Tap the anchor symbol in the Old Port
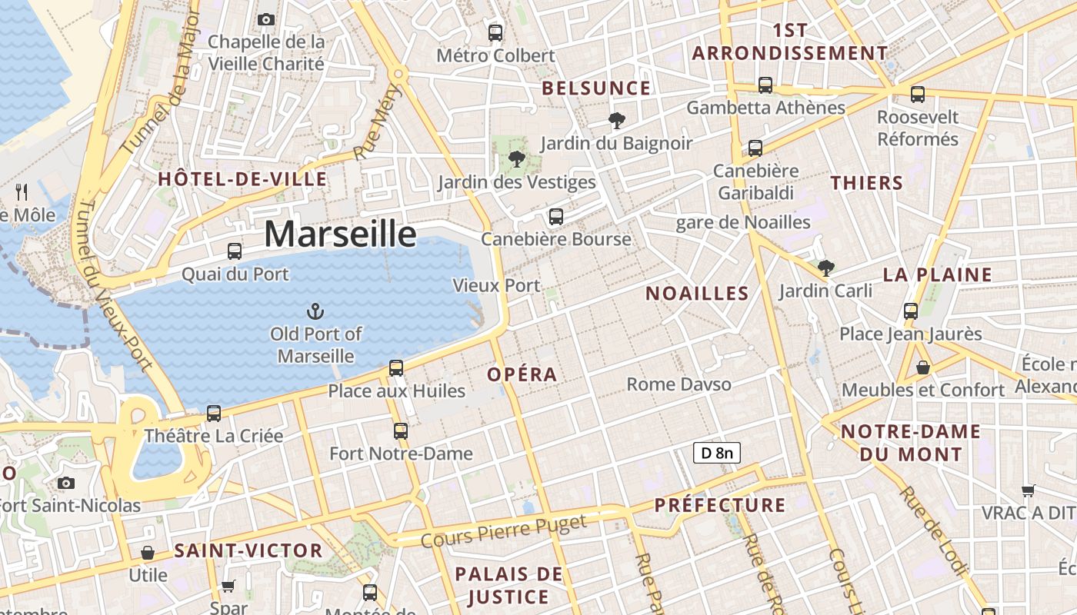[x=315, y=311]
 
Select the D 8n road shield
[x=716, y=453]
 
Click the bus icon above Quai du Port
[x=235, y=251]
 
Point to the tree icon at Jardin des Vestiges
[x=516, y=159]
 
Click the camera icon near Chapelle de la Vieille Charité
[x=266, y=19]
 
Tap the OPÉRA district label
[x=522, y=374]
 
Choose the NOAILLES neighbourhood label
[x=697, y=293]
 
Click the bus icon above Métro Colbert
[x=495, y=33]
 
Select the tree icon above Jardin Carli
[x=826, y=268]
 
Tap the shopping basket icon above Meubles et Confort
[x=922, y=367]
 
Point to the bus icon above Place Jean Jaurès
[x=911, y=311]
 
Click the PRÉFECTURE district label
[x=720, y=505]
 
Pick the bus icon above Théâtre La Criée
[x=214, y=414]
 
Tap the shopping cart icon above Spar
[x=228, y=587]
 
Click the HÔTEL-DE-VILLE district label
[x=242, y=179]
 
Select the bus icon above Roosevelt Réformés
[x=917, y=95]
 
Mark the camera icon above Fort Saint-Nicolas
[x=66, y=483]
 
